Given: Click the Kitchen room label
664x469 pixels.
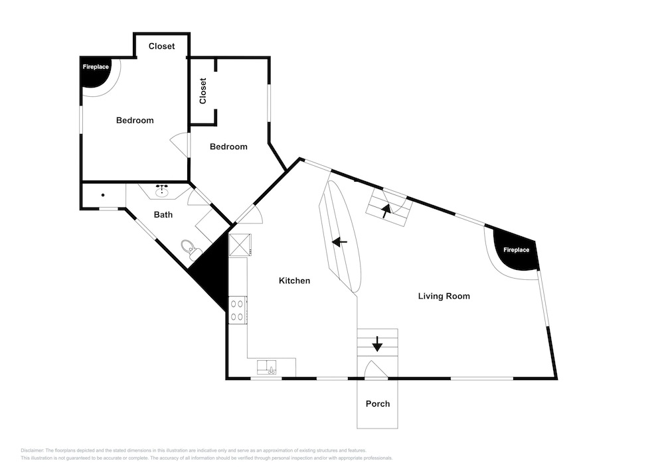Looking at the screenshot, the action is tap(294, 281).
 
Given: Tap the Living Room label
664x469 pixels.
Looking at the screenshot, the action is tap(444, 296).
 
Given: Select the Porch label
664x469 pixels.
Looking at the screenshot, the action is tap(378, 404).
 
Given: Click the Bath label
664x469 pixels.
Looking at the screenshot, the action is tap(163, 215).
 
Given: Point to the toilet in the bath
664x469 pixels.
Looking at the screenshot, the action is tap(188, 249).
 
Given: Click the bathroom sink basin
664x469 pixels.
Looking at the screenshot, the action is tap(161, 192).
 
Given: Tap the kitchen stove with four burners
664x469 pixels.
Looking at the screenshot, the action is tap(238, 310).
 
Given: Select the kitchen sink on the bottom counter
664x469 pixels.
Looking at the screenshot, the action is tap(267, 367).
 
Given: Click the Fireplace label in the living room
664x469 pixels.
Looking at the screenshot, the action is tap(516, 250).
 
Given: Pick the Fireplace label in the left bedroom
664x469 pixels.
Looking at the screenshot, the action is tap(96, 67).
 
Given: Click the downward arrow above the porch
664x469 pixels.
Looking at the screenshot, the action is tap(377, 344).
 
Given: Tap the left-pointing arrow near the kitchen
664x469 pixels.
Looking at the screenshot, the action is tap(339, 242).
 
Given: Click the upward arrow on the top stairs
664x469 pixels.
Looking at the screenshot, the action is tap(386, 210).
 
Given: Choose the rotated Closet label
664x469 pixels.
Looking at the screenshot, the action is tap(203, 91).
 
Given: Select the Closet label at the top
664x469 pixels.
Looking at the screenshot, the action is tap(162, 46).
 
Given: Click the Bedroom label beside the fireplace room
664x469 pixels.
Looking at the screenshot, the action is tap(135, 121).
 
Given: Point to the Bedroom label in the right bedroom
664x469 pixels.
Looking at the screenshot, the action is tap(228, 147).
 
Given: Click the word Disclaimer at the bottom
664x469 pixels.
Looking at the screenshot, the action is tap(32, 450).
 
